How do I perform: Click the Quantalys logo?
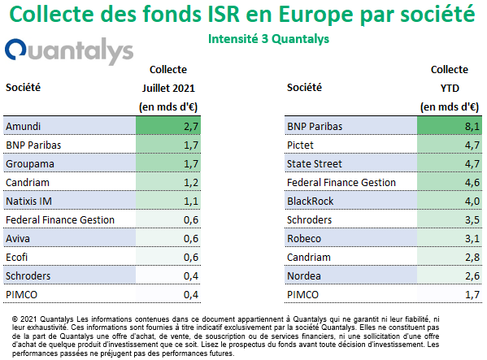(x=69, y=51)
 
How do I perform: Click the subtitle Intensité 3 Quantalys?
(x=268, y=39)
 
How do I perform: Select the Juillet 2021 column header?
(x=168, y=88)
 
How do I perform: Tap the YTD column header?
(x=450, y=89)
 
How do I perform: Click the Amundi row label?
(x=24, y=126)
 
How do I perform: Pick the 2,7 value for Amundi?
(x=191, y=127)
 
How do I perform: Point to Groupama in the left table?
(x=30, y=164)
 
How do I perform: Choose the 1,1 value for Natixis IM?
(x=191, y=202)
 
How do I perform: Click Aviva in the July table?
(x=18, y=239)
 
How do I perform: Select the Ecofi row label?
(x=16, y=258)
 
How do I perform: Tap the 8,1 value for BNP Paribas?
(x=472, y=127)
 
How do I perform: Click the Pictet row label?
(x=300, y=145)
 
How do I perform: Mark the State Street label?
(x=315, y=164)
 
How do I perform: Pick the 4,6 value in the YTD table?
(x=472, y=183)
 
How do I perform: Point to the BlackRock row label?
(x=310, y=202)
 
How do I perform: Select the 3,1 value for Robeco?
(x=472, y=239)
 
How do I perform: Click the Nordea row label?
(x=304, y=276)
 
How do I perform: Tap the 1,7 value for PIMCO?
(x=472, y=295)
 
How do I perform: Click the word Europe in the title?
(x=316, y=15)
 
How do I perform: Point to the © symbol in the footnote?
(x=15, y=319)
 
